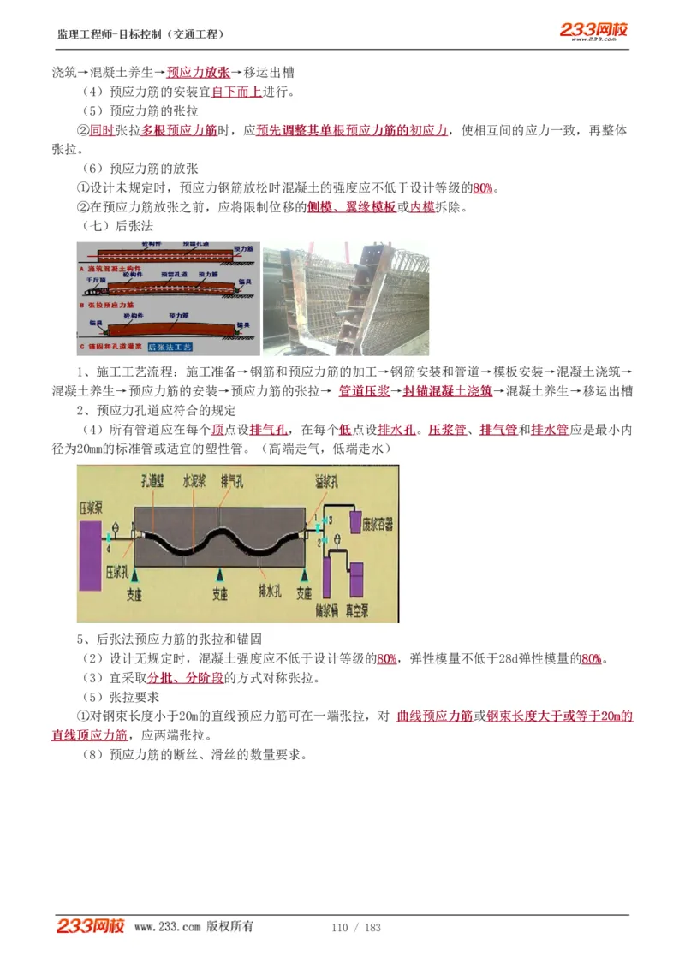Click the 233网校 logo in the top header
click(x=593, y=30)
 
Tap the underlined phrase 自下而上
click(x=236, y=92)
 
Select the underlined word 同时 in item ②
click(x=102, y=130)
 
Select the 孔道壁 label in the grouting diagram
click(x=157, y=483)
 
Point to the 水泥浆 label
click(x=196, y=483)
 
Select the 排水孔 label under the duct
click(x=273, y=590)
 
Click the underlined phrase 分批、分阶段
click(x=186, y=678)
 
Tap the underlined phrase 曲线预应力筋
click(x=435, y=716)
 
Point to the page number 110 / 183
click(x=355, y=928)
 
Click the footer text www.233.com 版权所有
click(x=194, y=927)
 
